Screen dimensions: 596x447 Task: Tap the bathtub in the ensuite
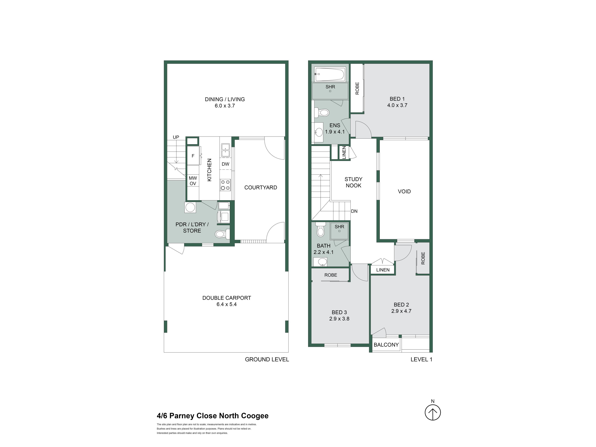(330, 74)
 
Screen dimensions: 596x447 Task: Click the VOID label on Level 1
(404, 192)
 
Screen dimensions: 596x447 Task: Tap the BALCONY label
(386, 345)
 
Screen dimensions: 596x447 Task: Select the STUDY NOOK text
(354, 182)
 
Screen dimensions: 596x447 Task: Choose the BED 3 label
(339, 312)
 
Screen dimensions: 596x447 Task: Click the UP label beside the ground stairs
(176, 137)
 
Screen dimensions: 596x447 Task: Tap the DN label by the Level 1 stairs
(354, 211)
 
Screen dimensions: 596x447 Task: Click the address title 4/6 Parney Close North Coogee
(213, 416)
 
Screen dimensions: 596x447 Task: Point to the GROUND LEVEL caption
(267, 359)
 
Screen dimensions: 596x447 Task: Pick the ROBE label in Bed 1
(357, 88)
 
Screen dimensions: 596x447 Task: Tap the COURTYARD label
(261, 187)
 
